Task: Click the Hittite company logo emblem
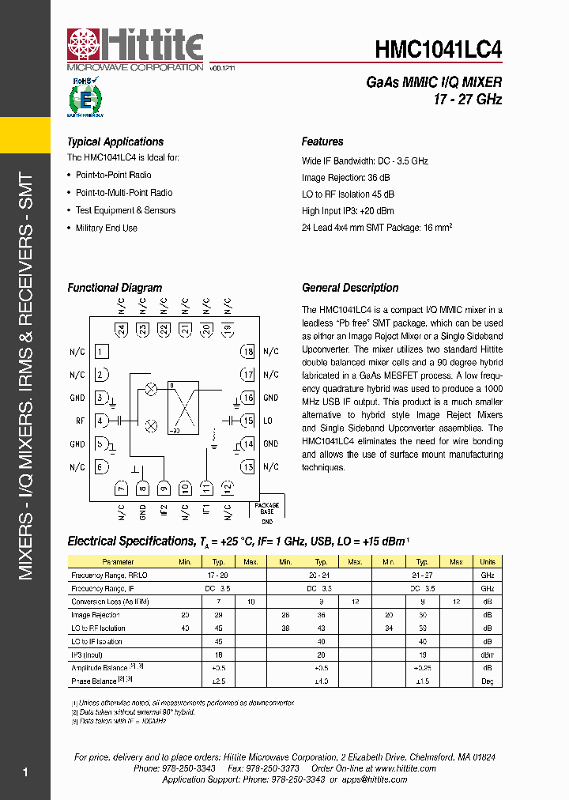pos(84,45)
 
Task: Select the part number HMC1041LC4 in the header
pos(438,49)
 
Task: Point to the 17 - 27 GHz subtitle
pos(467,100)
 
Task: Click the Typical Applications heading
pos(115,142)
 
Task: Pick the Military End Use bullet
pos(106,228)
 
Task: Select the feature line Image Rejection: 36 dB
pos(345,178)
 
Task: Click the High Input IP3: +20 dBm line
pos(347,211)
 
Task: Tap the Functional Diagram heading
pos(115,289)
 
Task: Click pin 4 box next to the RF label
pos(101,421)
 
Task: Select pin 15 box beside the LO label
pos(247,421)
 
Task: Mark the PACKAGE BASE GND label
pos(267,512)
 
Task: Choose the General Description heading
pos(350,289)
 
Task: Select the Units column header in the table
pos(488,562)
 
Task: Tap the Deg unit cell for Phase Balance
pos(488,681)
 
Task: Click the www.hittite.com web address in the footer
pos(406,768)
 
